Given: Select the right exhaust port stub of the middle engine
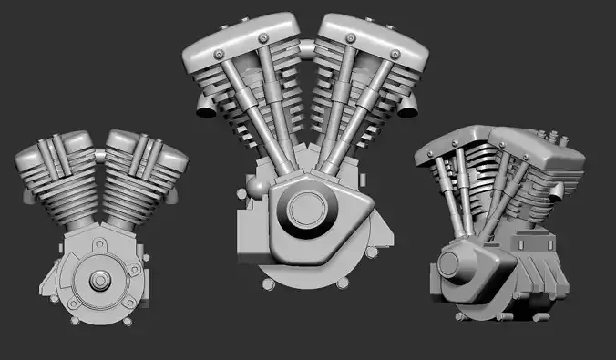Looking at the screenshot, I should tap(410, 108).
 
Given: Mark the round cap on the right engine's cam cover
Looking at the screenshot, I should tap(450, 265).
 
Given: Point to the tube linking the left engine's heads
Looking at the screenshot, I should tap(98, 146).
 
